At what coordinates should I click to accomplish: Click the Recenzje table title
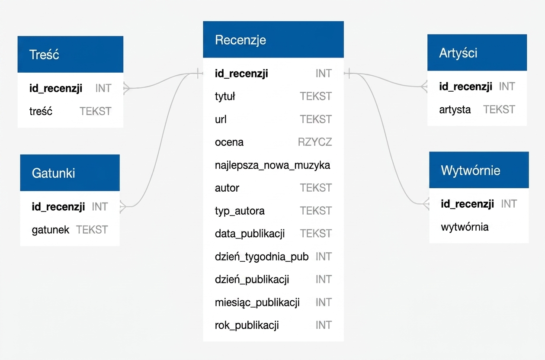[x=240, y=40]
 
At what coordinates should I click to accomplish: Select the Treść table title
[x=44, y=54]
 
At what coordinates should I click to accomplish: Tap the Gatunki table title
[x=53, y=173]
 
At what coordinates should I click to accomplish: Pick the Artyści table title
[x=458, y=53]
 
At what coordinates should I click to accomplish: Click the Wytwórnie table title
[x=471, y=170]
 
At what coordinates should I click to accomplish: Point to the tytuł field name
[x=225, y=96]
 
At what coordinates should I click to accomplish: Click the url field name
[x=221, y=119]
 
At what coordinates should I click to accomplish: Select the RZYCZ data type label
[x=315, y=142]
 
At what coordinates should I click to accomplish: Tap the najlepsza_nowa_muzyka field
[x=272, y=165]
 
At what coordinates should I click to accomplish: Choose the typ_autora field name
[x=240, y=211]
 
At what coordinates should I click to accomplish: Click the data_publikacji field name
[x=250, y=234]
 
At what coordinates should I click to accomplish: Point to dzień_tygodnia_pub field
[x=262, y=257]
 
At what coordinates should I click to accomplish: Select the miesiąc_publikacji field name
[x=257, y=302]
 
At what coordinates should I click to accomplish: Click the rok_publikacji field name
[x=247, y=325]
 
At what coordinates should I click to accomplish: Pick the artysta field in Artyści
[x=455, y=110]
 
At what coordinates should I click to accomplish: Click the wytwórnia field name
[x=465, y=227]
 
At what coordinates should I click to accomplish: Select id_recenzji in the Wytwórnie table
[x=468, y=204]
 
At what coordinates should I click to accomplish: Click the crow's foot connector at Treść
[x=126, y=88]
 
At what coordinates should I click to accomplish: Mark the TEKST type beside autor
[x=316, y=188]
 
